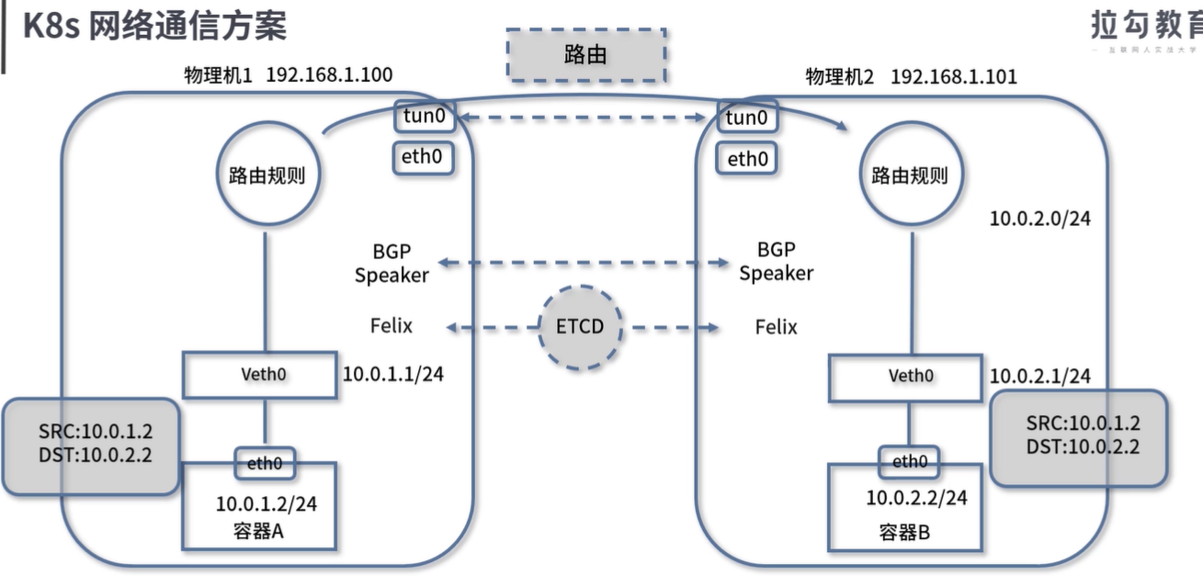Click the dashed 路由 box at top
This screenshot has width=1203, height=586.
point(585,55)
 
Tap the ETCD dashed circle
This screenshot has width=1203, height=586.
point(580,327)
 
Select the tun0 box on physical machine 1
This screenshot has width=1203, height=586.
point(423,117)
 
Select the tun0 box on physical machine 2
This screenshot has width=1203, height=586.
point(745,117)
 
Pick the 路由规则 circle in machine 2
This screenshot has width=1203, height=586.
point(910,175)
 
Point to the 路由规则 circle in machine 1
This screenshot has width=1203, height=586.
point(267,175)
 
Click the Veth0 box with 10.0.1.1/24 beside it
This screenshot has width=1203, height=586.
point(260,376)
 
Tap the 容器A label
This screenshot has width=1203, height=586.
point(259,531)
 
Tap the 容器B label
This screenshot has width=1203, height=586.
point(905,532)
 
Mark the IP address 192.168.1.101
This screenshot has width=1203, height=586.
point(954,76)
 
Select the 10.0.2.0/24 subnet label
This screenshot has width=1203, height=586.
point(1040,219)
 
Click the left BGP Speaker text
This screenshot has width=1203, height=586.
point(392,262)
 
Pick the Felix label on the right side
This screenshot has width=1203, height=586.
point(777,327)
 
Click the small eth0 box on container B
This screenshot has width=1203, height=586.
point(908,461)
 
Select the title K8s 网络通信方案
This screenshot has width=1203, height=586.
point(154,26)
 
